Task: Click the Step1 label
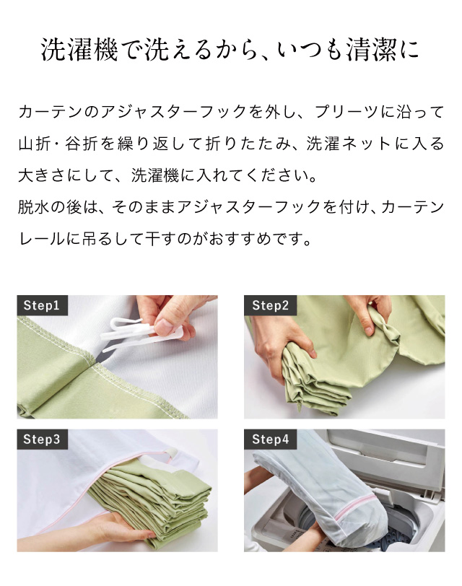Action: click(42, 305)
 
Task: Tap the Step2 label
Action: click(270, 305)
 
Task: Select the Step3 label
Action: click(42, 439)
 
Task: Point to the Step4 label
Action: click(270, 439)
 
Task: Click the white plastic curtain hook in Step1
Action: click(139, 333)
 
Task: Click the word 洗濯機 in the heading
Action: click(79, 50)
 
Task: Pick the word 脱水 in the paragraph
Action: click(34, 206)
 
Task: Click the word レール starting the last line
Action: click(42, 238)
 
